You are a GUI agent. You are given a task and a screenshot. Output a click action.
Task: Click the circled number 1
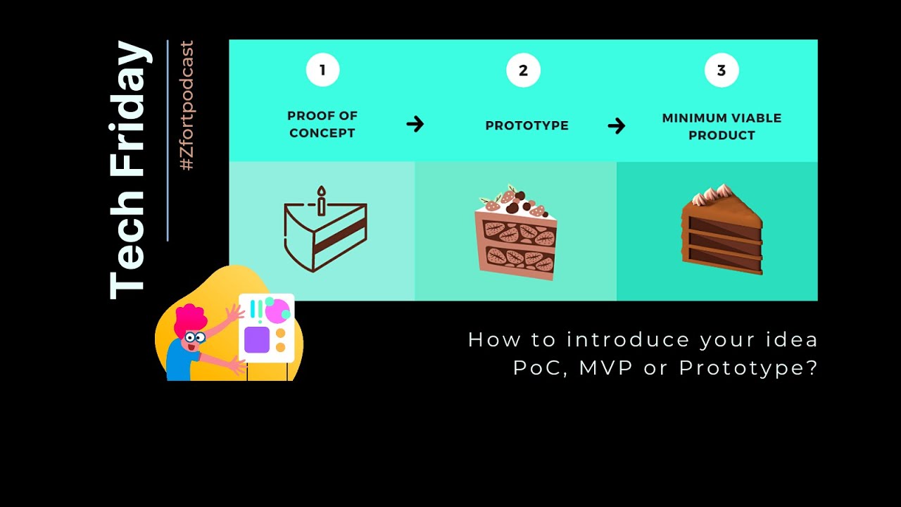pos(322,70)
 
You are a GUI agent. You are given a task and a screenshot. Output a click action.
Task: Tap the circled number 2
pos(523,70)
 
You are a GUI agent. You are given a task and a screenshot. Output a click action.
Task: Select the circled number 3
pos(722,70)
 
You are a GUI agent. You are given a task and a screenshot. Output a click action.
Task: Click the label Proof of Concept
pos(322,125)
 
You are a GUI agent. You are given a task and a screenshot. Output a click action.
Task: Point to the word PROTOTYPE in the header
pos(527,126)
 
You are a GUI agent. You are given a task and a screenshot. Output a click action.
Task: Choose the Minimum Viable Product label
pos(722,127)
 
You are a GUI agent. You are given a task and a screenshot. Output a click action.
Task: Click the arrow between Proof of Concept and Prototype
pos(415,125)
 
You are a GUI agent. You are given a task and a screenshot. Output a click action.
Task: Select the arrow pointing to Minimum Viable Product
pos(617,126)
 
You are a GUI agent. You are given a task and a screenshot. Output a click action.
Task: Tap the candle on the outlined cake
pos(322,201)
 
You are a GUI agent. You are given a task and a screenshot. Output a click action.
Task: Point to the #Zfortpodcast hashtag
pos(187,106)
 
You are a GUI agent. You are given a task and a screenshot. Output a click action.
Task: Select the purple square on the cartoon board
pos(257,339)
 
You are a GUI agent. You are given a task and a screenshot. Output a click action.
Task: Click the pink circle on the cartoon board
pos(277,311)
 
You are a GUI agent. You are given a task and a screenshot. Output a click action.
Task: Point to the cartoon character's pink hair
pos(189,320)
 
